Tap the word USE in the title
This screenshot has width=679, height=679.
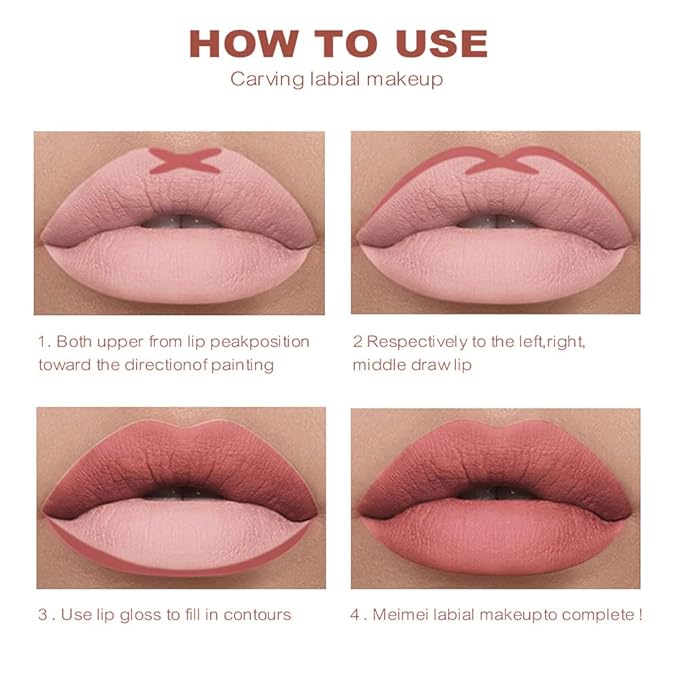[437, 44]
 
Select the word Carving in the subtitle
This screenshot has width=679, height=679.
[262, 79]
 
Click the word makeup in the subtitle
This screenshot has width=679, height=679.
[406, 79]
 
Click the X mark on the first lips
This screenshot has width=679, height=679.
[185, 160]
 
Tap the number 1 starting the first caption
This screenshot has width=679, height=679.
[42, 342]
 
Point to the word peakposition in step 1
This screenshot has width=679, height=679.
[260, 342]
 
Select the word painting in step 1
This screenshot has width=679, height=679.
[243, 364]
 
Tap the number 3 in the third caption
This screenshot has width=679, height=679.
[42, 613]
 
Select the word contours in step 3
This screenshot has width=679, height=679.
[258, 613]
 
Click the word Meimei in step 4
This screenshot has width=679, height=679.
[398, 613]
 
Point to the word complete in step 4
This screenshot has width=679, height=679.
[596, 613]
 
